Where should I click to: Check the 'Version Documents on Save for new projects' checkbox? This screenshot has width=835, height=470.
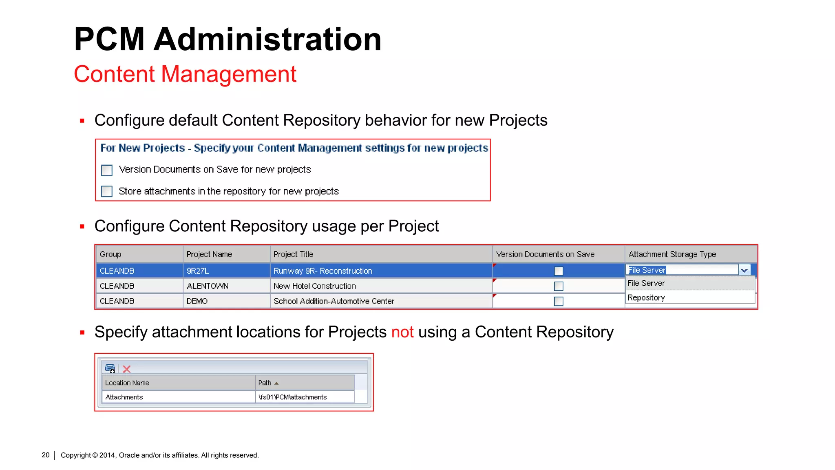pos(107,170)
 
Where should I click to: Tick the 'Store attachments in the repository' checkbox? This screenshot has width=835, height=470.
pos(107,191)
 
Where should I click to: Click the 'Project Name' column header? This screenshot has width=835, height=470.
pos(209,254)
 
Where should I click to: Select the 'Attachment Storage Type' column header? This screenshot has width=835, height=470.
pos(672,254)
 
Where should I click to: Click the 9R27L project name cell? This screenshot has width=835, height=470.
pos(198,271)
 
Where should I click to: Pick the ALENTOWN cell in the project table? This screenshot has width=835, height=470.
pos(208,286)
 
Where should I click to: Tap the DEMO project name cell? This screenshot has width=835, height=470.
pos(197,301)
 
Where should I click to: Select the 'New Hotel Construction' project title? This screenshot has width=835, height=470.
pos(314,286)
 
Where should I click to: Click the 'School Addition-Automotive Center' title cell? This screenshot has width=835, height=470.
pos(334,301)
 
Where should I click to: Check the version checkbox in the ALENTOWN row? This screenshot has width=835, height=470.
pos(559,286)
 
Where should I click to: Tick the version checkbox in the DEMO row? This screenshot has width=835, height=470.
pos(559,302)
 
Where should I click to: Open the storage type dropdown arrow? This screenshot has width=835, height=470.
pos(744,270)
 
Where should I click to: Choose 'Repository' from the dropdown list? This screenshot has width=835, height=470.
pos(646,298)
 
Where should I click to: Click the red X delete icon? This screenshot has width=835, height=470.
pos(127,369)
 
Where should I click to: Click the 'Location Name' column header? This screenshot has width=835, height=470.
pos(127,383)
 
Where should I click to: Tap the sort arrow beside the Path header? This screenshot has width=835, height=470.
pos(276,384)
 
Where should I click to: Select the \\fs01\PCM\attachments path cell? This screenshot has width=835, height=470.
pos(292,397)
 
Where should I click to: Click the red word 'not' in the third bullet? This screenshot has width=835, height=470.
pos(402,332)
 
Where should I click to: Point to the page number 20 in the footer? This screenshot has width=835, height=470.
pos(46,455)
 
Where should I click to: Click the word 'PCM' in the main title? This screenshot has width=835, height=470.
pos(109,39)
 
